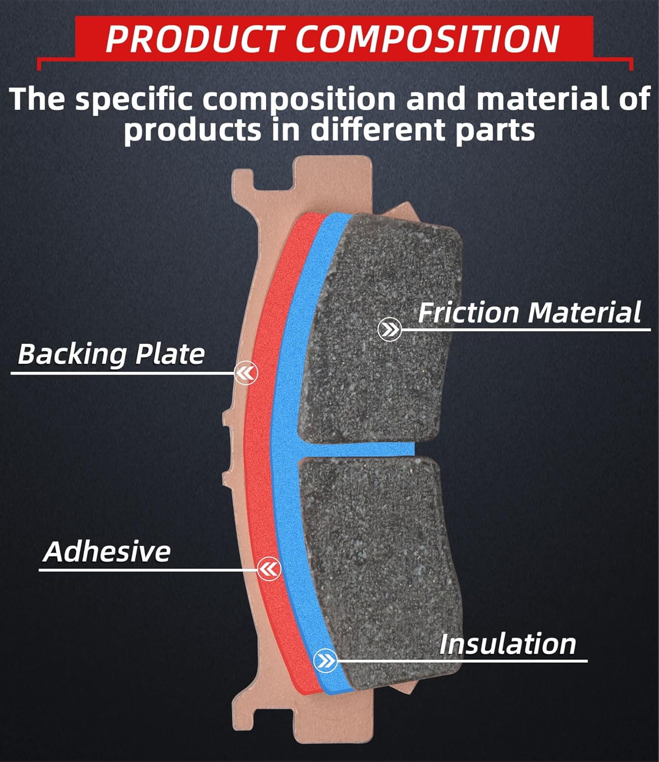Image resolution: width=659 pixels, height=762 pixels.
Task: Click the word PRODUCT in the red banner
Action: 193,39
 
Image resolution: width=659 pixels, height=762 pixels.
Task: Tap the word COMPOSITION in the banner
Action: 427,39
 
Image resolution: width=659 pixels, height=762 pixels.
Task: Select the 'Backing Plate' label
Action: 111,354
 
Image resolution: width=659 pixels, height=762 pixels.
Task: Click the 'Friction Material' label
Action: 529,312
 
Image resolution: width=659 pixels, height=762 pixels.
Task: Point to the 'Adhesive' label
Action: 107,552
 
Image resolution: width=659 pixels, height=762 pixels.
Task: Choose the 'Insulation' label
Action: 508,644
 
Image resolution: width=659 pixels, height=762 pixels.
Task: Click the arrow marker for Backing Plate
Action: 246,373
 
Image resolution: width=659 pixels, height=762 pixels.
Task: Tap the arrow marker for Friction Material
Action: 390,330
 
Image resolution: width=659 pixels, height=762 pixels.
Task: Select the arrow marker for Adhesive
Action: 269,568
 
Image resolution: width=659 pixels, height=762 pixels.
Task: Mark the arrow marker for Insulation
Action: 325,661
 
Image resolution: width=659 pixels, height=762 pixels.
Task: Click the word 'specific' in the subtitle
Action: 134,99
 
